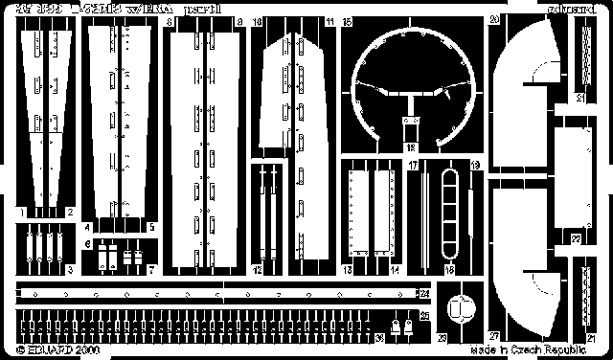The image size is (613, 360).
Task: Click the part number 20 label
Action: tap(493, 20)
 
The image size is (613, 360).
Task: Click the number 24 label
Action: tap(423, 292)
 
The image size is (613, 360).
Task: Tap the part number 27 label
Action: tap(493, 337)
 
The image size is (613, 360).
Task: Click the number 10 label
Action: tap(257, 20)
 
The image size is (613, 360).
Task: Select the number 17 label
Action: tap(412, 165)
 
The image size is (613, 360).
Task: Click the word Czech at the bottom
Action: tap(523, 351)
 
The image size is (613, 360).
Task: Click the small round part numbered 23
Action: tap(462, 309)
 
